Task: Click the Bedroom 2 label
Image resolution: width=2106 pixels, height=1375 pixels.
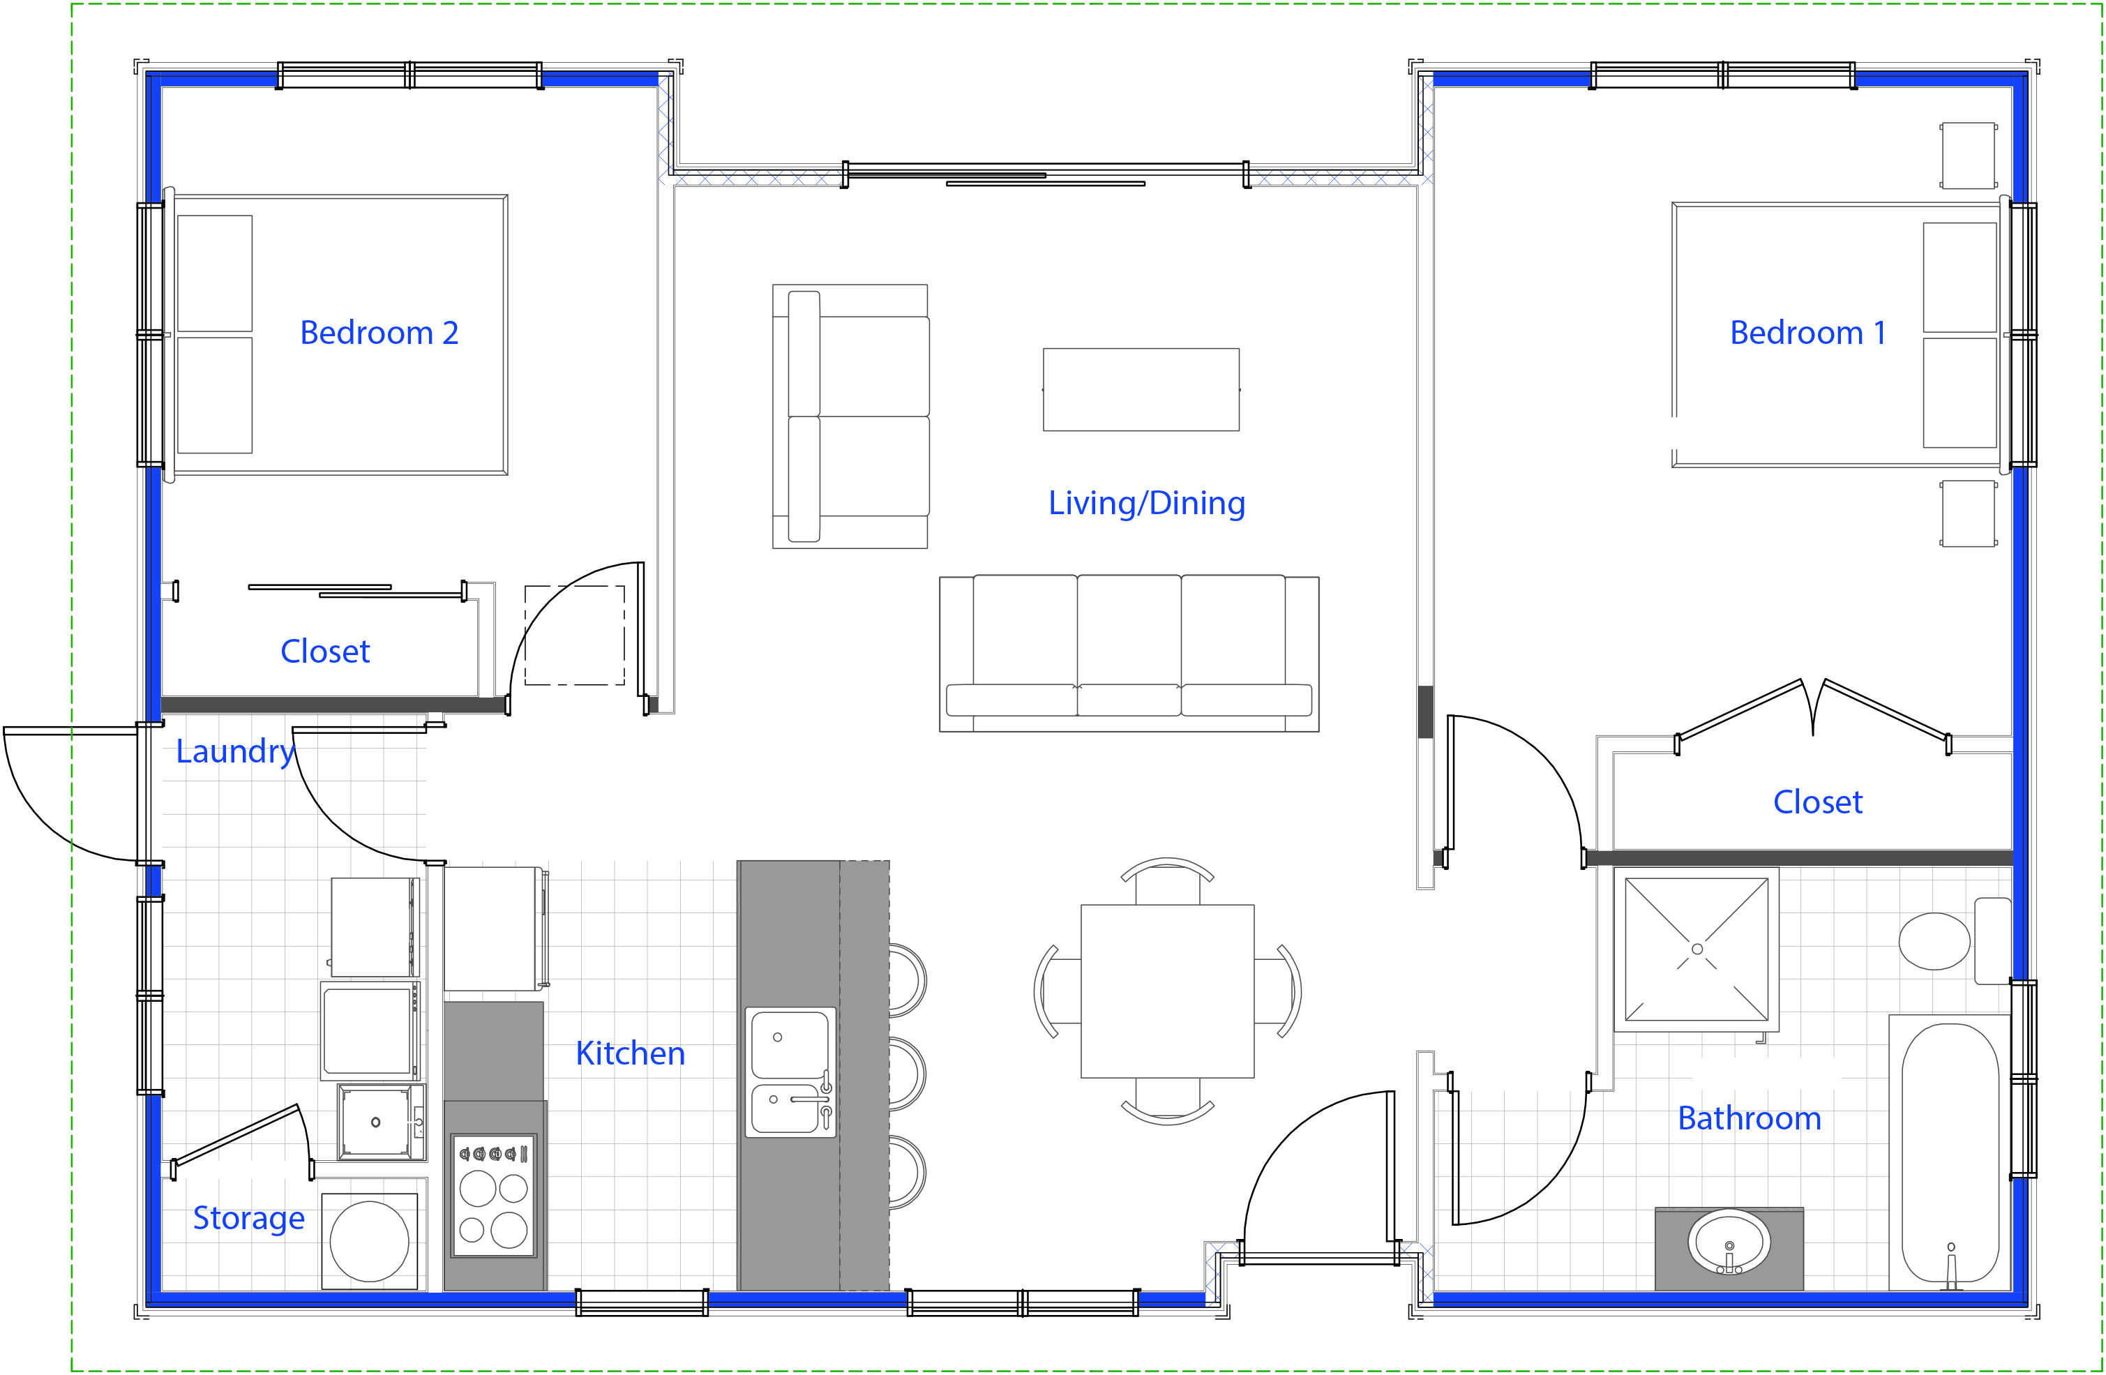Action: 379,333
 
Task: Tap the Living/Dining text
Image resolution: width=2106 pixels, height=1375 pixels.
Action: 1147,502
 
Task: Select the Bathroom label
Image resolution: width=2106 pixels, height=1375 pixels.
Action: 1750,1118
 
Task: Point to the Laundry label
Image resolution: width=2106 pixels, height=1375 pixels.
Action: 235,752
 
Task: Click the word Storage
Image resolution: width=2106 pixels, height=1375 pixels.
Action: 248,1219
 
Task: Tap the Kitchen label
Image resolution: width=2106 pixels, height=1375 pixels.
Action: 630,1053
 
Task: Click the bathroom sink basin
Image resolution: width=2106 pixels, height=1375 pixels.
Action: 1729,1241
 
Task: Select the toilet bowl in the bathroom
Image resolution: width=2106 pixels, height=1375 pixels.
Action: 1934,942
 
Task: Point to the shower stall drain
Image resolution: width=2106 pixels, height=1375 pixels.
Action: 1697,949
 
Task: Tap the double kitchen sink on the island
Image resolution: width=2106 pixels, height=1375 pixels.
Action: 791,1072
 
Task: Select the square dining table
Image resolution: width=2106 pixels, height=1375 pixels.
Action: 1167,991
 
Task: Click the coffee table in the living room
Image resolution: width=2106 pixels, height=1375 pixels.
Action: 1141,389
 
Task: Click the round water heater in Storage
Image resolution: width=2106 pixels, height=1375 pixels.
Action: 369,1241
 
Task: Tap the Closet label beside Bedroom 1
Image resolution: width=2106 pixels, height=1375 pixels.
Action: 1817,802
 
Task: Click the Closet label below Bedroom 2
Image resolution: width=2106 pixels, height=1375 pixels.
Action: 325,651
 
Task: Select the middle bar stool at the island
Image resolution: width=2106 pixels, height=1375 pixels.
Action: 907,1074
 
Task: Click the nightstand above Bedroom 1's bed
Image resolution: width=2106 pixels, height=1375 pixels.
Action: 1968,156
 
